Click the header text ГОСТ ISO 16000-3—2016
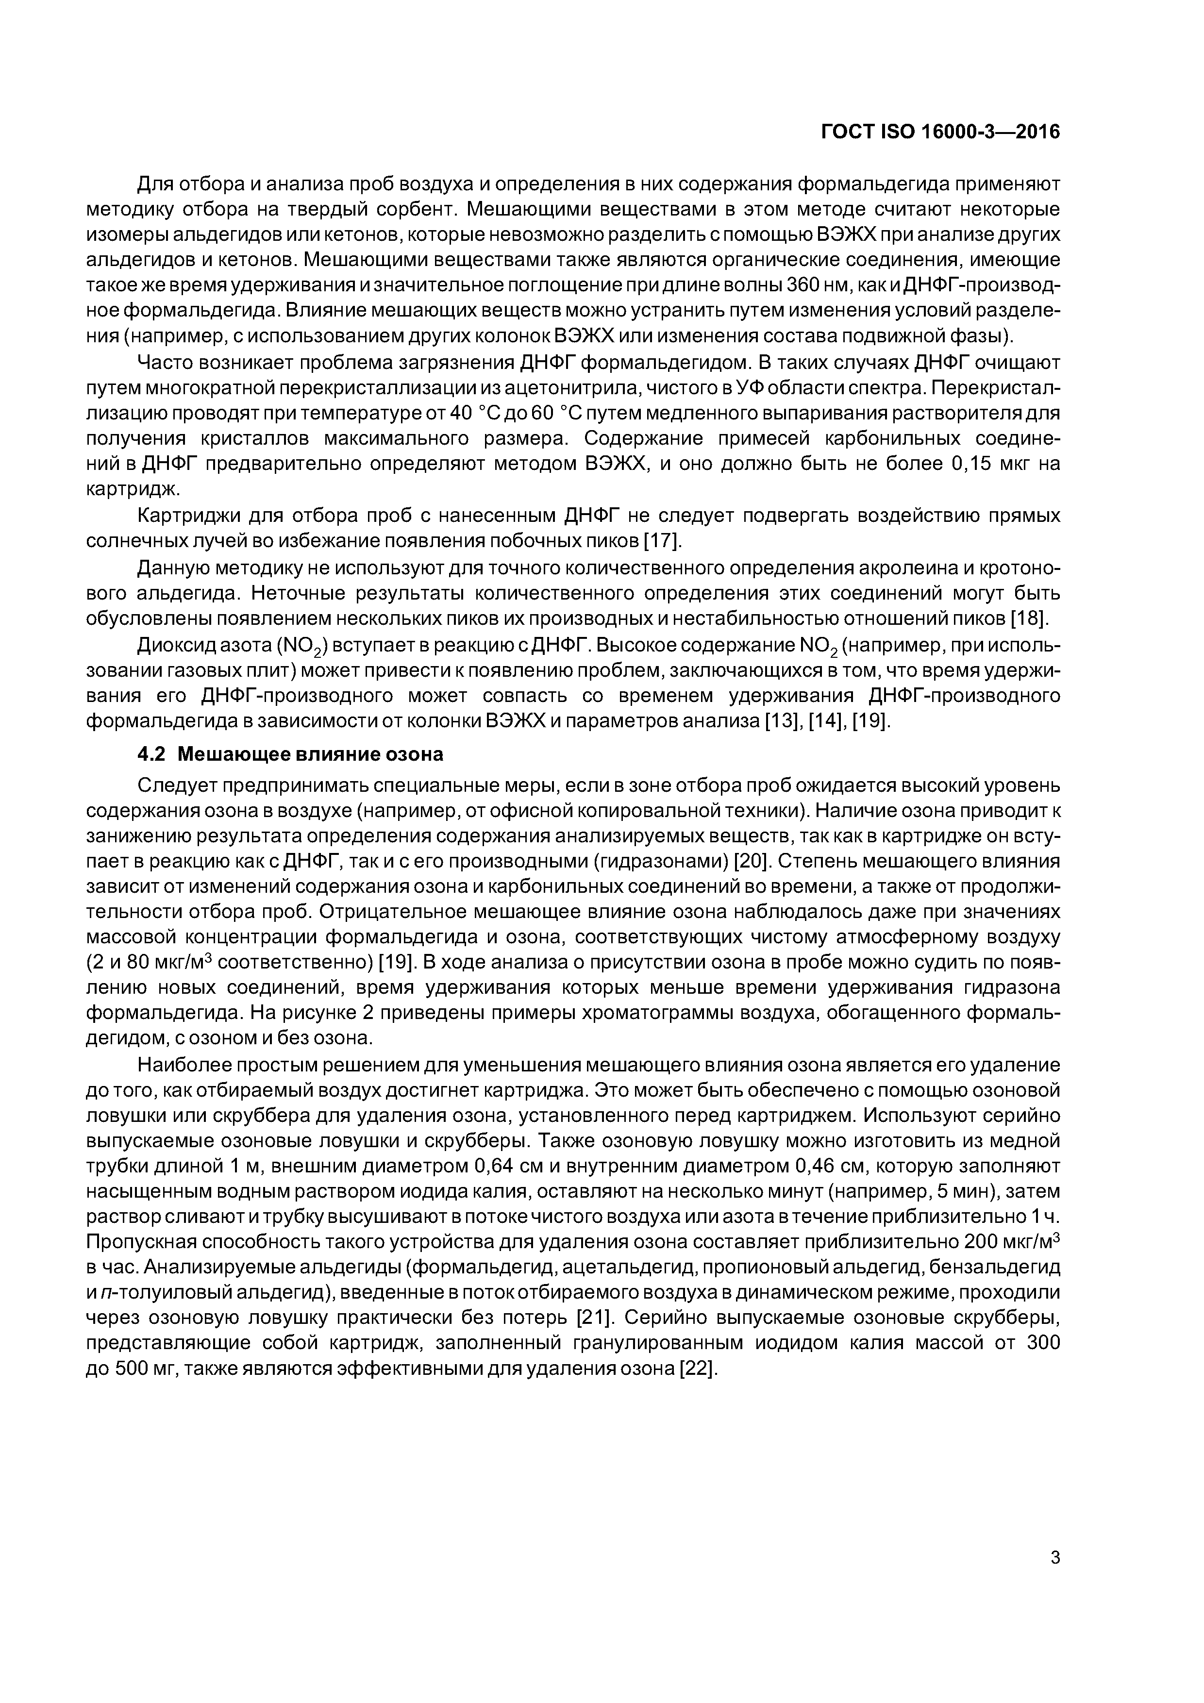pyautogui.click(x=941, y=132)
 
